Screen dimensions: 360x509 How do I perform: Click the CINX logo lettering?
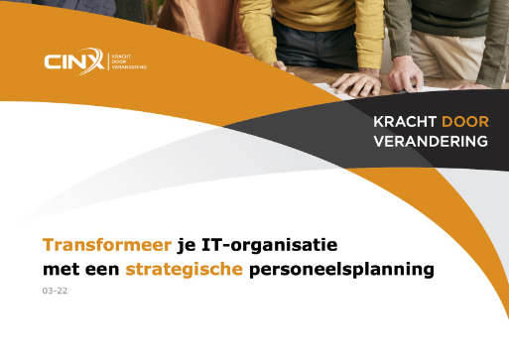[x=70, y=63]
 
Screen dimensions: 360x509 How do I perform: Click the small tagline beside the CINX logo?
[x=122, y=63]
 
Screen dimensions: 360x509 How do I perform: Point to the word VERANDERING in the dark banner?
[x=430, y=141]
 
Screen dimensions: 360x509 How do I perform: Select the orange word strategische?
[x=184, y=269]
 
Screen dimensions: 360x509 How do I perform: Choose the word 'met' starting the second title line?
[x=60, y=269]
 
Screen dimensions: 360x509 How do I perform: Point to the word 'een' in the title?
[x=104, y=269]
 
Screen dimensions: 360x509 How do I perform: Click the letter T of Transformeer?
[x=48, y=244]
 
